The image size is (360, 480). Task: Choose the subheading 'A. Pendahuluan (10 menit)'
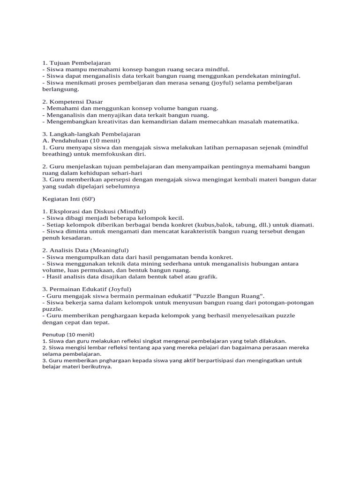pos(81,141)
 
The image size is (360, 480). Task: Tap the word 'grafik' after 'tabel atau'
pos(208,277)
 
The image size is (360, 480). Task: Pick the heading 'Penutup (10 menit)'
pos(68,335)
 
